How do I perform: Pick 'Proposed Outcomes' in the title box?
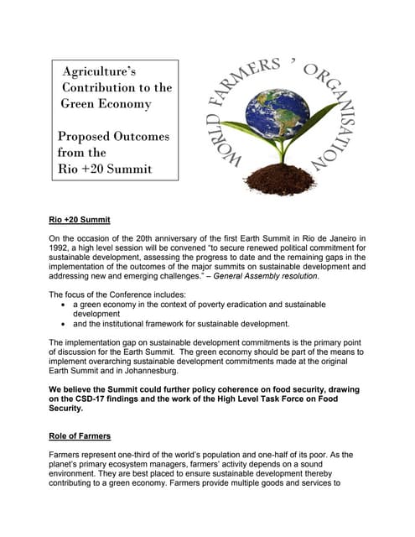[x=113, y=136]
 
